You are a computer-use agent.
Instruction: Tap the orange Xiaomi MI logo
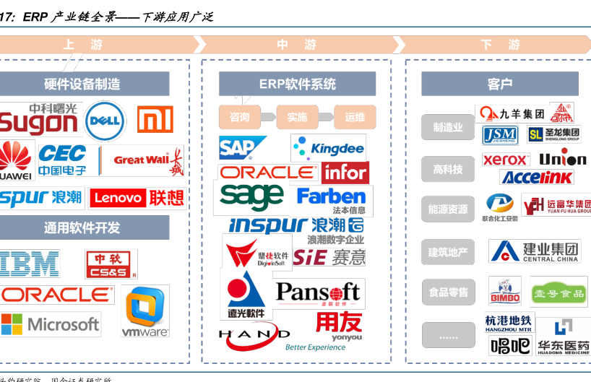(155, 119)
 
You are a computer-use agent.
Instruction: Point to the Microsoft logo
(51, 324)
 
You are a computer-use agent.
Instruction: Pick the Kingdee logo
(329, 149)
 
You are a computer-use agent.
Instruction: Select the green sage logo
(251, 196)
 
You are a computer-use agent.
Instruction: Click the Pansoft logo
(319, 293)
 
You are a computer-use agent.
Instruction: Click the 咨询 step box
(240, 117)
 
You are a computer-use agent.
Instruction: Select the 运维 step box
(355, 117)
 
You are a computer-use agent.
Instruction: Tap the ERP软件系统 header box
(297, 84)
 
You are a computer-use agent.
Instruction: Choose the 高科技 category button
(448, 169)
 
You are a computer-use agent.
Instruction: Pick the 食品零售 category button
(448, 292)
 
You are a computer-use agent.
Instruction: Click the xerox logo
(506, 160)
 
